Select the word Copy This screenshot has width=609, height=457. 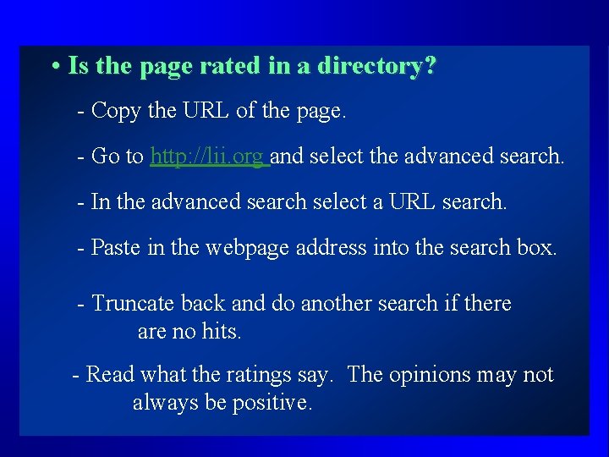coord(115,111)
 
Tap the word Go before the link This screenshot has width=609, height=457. coord(104,157)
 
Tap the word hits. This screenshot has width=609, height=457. coord(222,332)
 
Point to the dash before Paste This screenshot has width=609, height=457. coord(80,247)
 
